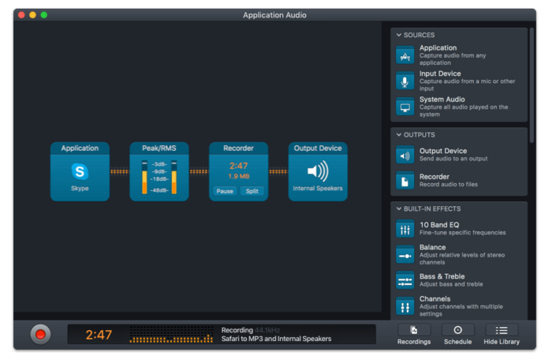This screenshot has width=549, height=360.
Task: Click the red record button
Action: point(41,334)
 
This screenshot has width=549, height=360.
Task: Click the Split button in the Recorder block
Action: point(252,191)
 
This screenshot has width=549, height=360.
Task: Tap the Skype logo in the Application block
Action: point(80,171)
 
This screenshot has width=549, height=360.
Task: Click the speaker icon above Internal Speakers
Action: point(317,171)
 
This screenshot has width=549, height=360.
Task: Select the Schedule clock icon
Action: point(458,330)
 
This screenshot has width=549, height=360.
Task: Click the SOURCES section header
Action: point(418,36)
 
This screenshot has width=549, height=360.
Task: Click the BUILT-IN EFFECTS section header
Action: point(431,209)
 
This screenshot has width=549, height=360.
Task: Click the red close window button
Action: point(21,15)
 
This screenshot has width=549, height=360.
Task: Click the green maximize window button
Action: point(44,15)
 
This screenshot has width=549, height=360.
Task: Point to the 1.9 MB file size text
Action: point(239,176)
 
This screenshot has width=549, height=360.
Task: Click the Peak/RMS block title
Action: point(159,148)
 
